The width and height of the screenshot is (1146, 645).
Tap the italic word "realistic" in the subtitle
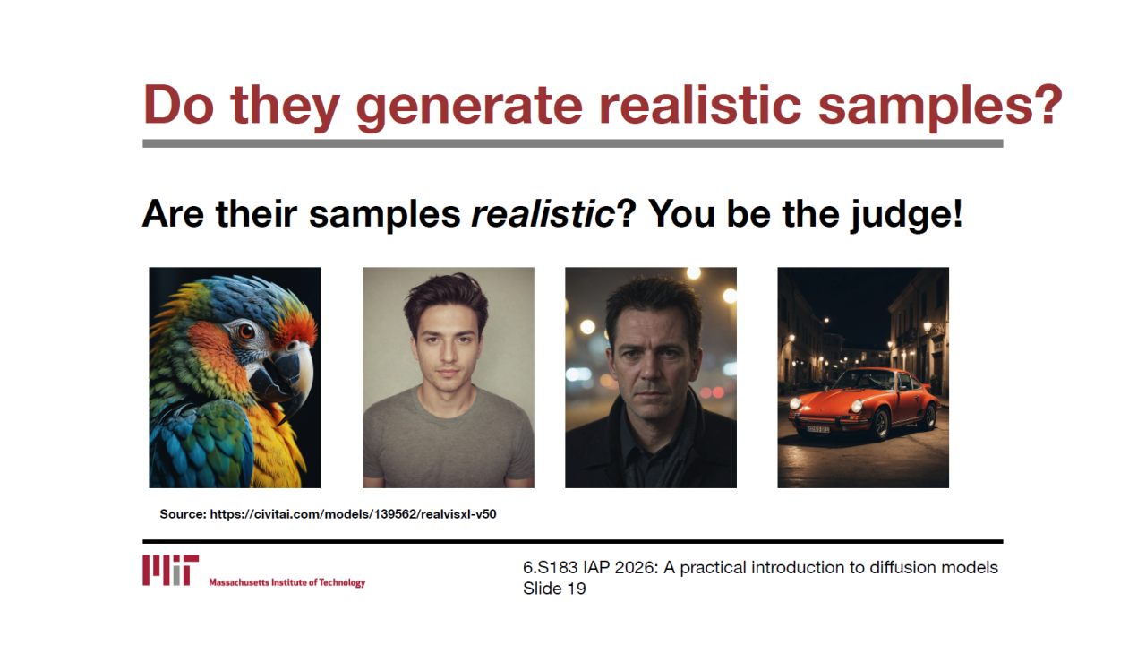coord(543,213)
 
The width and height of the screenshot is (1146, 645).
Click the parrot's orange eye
coord(246,331)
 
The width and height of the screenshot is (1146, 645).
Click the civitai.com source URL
coord(353,514)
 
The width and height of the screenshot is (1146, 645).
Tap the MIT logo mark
coord(170,570)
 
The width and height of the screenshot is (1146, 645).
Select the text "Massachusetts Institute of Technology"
coord(287,582)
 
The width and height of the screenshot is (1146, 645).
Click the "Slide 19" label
coord(554,589)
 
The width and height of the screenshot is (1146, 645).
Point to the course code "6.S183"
coord(550,567)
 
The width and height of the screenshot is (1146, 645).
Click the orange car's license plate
coord(817,429)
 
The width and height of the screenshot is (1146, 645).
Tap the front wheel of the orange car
coord(881,424)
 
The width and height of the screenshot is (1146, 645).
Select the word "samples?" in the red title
coord(940,106)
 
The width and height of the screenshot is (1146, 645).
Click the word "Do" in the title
coord(178,105)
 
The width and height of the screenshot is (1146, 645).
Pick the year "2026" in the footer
coord(636,567)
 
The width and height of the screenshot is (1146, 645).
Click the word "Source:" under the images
coord(183,514)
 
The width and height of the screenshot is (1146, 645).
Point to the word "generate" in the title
coord(469,107)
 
